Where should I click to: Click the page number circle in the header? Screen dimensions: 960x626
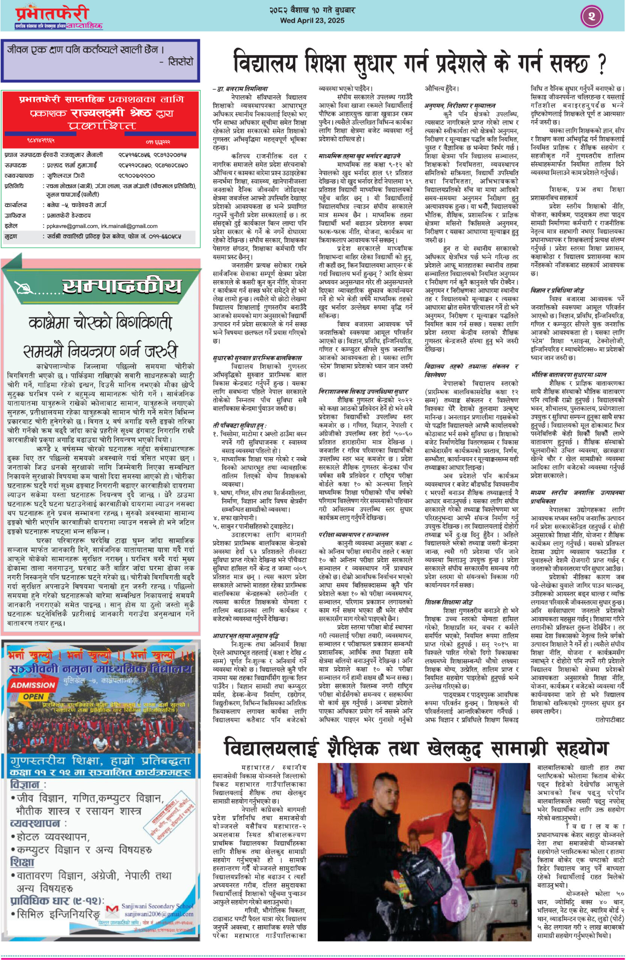pos(592,16)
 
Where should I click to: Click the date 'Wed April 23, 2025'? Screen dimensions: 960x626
pos(312,21)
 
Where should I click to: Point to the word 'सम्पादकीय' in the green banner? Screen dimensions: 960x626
pos(122,286)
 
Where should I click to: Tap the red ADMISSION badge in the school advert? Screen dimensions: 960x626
pos(33,685)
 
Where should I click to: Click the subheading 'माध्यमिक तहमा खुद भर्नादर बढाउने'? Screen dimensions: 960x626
pos(359,156)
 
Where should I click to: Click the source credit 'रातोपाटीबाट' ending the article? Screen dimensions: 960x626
pos(609,719)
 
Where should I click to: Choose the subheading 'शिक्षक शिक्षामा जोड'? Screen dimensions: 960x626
pos(448,602)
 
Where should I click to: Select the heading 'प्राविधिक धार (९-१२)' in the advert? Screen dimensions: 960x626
pos(57,900)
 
